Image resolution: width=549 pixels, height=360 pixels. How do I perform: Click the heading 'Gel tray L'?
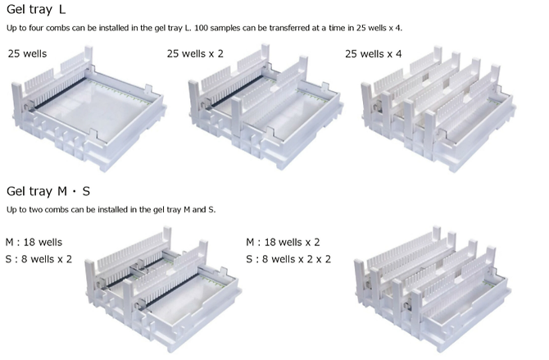tap(36, 9)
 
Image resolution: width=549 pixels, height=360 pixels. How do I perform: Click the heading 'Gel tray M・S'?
tap(48, 191)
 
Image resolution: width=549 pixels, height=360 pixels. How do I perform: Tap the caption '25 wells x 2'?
tap(195, 53)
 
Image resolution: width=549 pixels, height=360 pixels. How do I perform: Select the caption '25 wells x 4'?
tap(373, 53)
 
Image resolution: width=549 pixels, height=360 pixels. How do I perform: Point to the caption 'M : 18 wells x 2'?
tap(283, 242)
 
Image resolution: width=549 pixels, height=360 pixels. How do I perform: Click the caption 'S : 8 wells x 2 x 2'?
tap(288, 259)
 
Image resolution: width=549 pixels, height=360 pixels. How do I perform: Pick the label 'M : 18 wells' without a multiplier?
tap(34, 242)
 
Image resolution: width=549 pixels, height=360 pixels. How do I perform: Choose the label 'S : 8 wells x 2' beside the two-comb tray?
tap(39, 259)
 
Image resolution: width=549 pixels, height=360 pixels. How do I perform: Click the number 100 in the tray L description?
tap(201, 28)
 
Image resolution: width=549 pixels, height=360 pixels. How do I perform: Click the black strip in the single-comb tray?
tap(58, 94)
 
